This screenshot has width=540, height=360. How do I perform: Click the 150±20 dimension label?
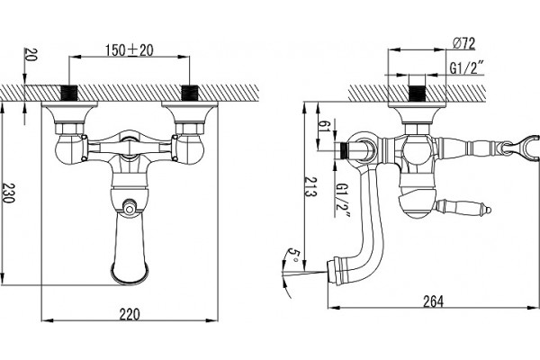(x=129, y=50)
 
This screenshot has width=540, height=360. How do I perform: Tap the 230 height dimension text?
(x=8, y=193)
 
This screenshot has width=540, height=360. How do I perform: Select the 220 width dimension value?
(x=130, y=314)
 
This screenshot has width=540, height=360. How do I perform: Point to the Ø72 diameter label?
(x=463, y=43)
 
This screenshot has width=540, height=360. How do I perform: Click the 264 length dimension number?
(x=433, y=301)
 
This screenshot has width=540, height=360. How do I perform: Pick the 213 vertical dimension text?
(x=310, y=186)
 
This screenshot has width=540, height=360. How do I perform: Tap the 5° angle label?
(x=293, y=256)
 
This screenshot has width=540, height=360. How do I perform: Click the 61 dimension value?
(x=324, y=126)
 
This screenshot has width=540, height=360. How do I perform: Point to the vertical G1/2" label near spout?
(x=343, y=200)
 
